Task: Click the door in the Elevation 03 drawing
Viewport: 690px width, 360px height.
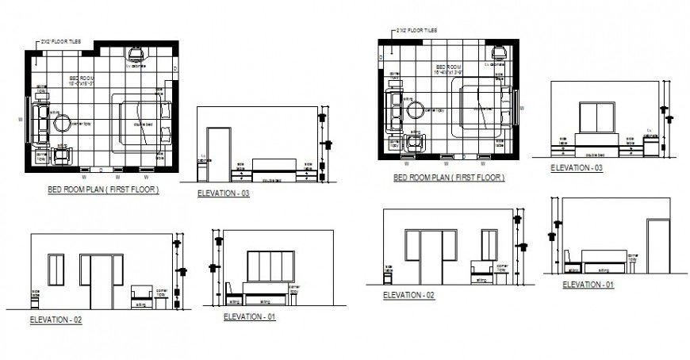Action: (x=217, y=153)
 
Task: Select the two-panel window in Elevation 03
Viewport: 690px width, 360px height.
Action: (x=600, y=117)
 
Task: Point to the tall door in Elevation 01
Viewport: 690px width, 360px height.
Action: (x=657, y=244)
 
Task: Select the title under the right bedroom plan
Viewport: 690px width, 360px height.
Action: (x=448, y=178)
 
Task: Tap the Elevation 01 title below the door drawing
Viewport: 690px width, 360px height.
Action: (x=587, y=284)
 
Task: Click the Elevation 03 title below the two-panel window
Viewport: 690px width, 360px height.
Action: (x=577, y=168)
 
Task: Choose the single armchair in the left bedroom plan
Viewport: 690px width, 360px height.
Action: (x=62, y=153)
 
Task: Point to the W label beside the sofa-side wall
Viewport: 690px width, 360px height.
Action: (x=20, y=120)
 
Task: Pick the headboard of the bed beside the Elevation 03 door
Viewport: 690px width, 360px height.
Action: (x=274, y=164)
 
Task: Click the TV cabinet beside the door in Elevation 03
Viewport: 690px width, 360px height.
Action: (x=203, y=170)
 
